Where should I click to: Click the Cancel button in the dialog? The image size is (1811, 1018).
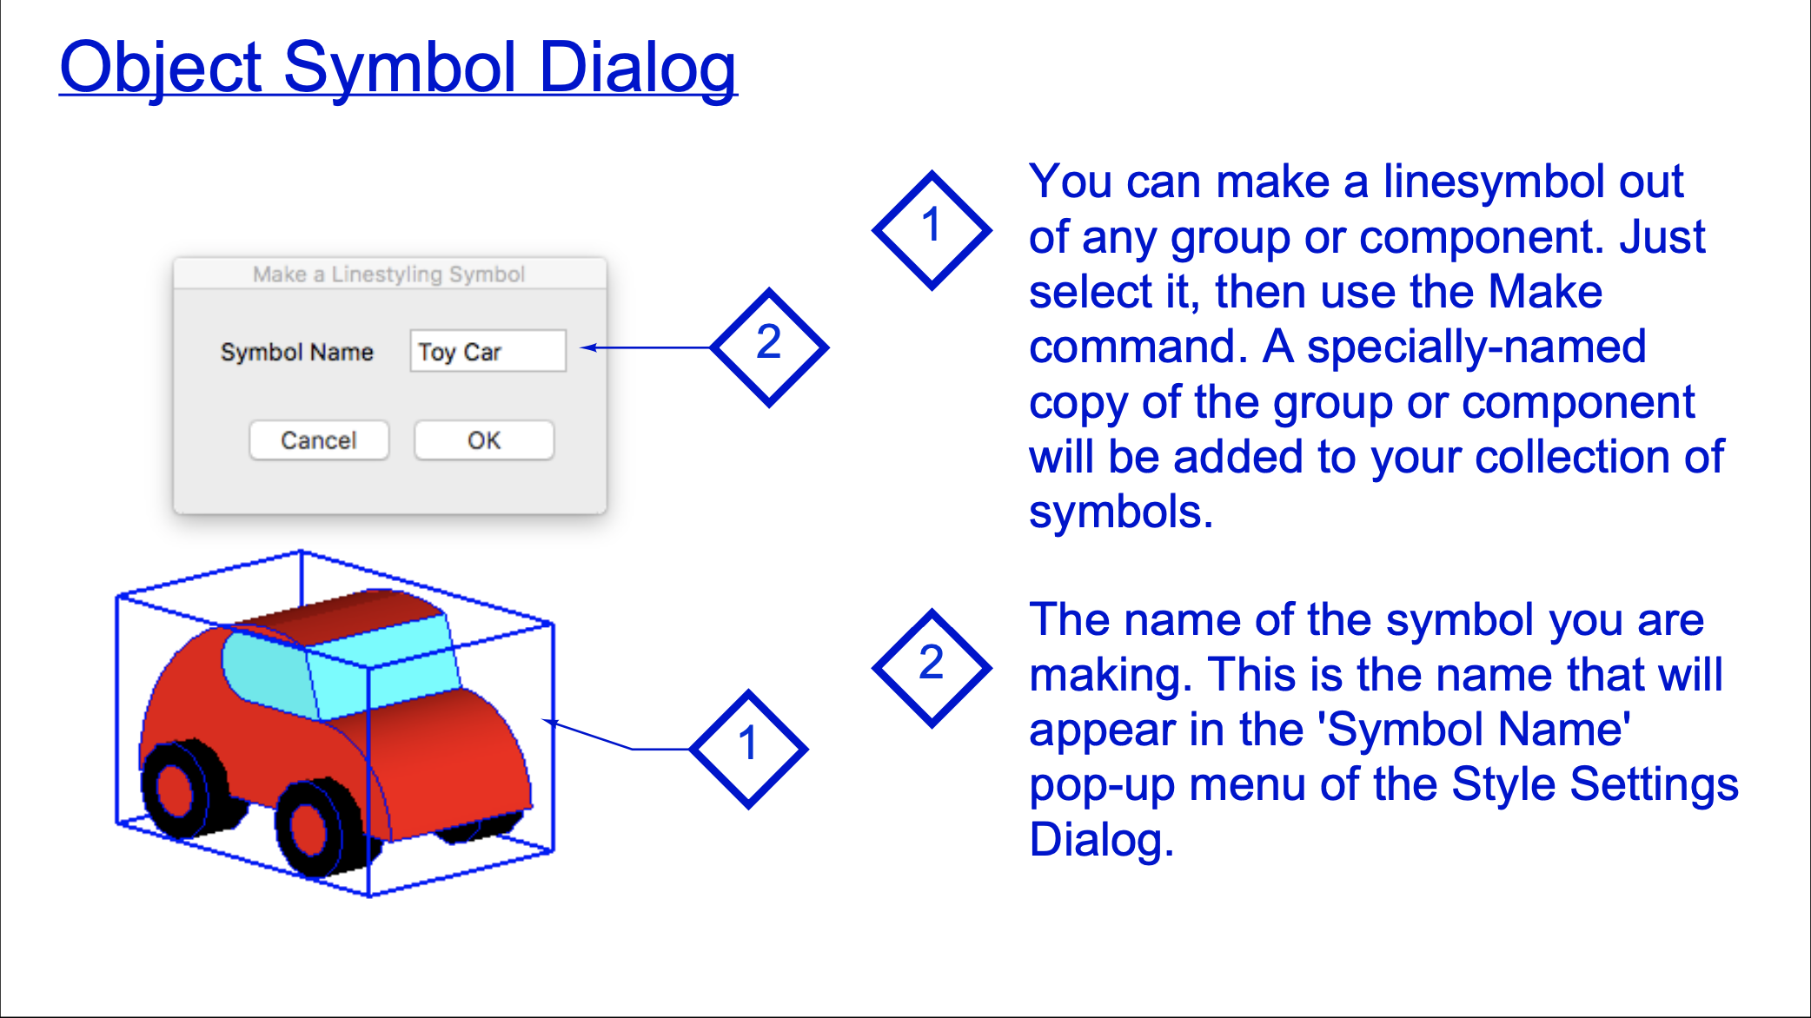click(319, 440)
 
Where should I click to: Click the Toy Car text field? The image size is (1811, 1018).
click(488, 351)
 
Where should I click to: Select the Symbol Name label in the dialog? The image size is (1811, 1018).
click(296, 352)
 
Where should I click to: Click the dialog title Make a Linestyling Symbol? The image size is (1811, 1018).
click(388, 274)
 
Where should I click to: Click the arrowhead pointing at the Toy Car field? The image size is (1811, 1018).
click(589, 347)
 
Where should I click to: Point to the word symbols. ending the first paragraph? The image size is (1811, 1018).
click(1121, 512)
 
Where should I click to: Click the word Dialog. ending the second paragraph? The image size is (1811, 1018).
click(1102, 841)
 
